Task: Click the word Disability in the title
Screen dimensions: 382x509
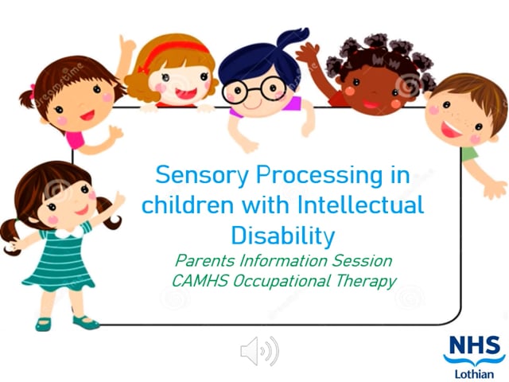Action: tap(282, 235)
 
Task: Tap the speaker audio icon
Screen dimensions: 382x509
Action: tap(259, 350)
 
